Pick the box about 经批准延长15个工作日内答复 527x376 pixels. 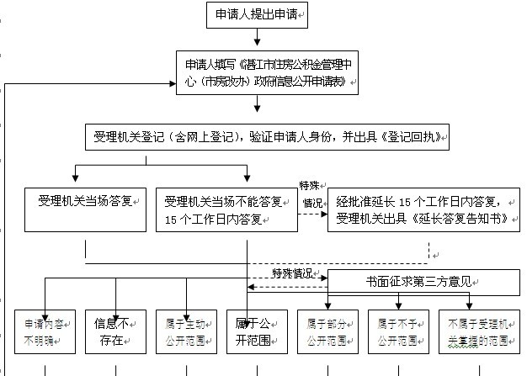click(423, 209)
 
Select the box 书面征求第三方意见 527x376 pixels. click(423, 281)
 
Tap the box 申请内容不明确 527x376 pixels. click(45, 331)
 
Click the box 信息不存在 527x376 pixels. click(115, 331)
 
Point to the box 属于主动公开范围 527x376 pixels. click(187, 331)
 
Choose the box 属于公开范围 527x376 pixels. click(257, 331)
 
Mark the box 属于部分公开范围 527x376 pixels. click(327, 331)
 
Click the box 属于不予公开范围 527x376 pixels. click(398, 331)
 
